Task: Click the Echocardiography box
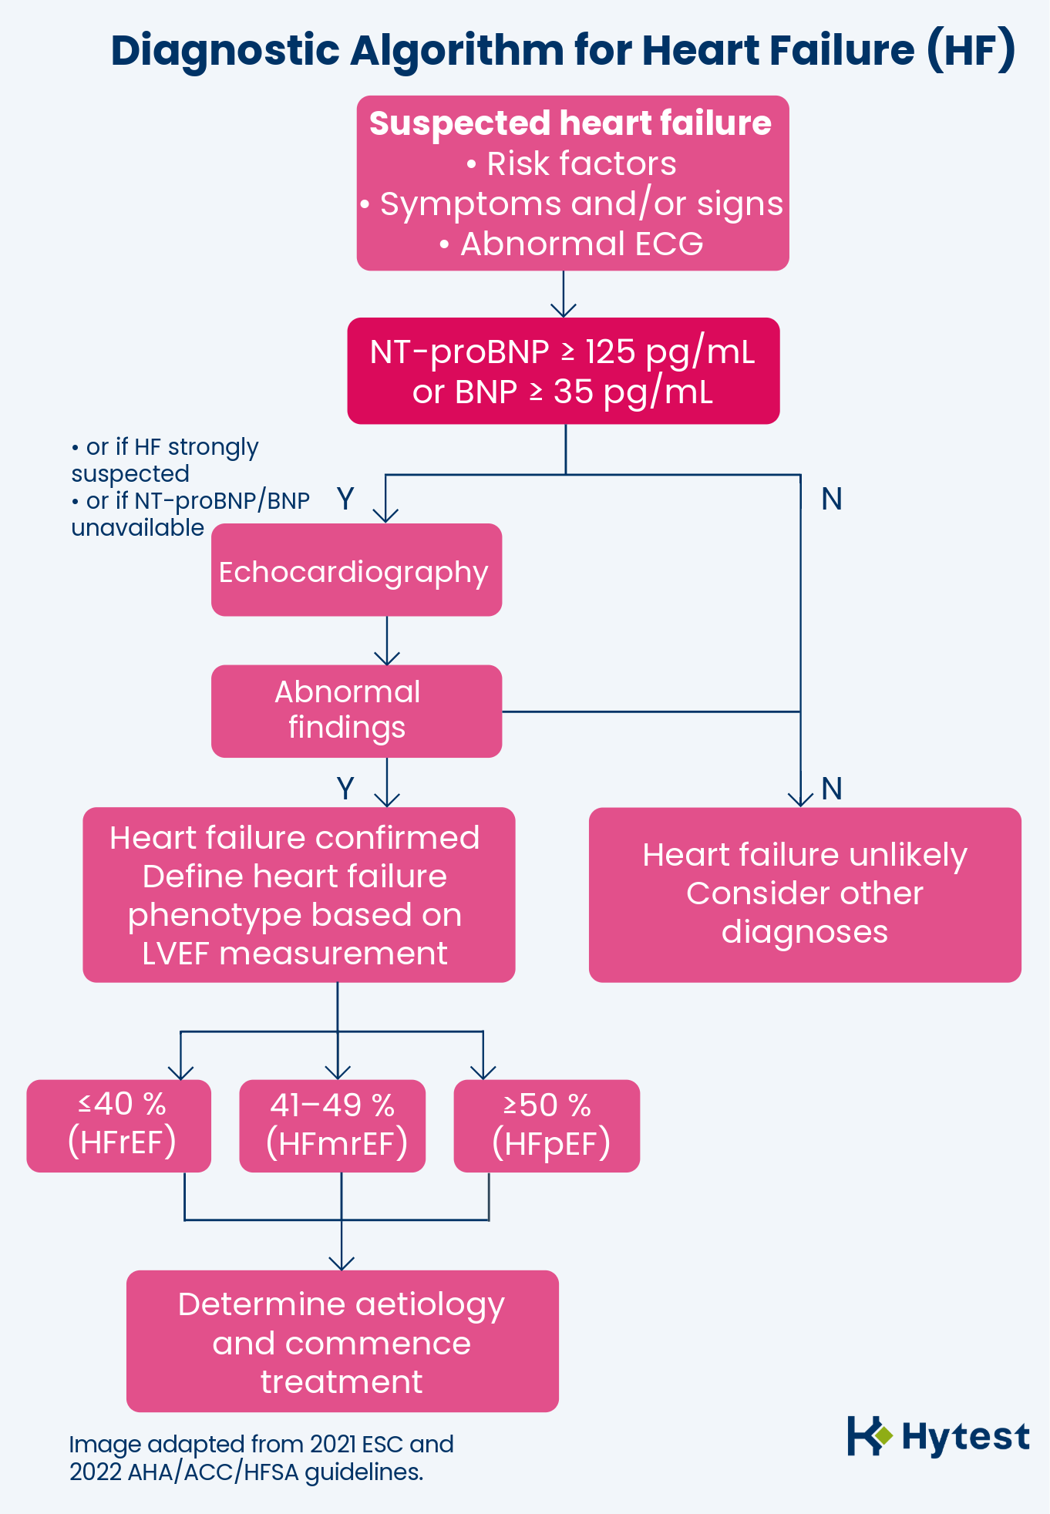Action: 356,570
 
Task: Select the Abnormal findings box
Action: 356,711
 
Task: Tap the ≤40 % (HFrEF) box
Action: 119,1125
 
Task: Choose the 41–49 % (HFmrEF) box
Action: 332,1125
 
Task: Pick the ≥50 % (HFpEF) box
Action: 547,1125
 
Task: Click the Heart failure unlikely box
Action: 805,894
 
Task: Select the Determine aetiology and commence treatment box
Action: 342,1341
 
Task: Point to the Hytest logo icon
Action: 869,1435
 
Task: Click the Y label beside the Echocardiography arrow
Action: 345,500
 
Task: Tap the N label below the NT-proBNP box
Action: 831,500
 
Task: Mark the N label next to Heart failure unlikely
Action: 831,789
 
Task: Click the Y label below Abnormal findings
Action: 345,789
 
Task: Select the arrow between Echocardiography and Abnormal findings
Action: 387,641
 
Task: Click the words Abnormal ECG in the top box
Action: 581,244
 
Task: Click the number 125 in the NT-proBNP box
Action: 610,352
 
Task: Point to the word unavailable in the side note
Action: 138,528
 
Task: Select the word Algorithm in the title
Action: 457,51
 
